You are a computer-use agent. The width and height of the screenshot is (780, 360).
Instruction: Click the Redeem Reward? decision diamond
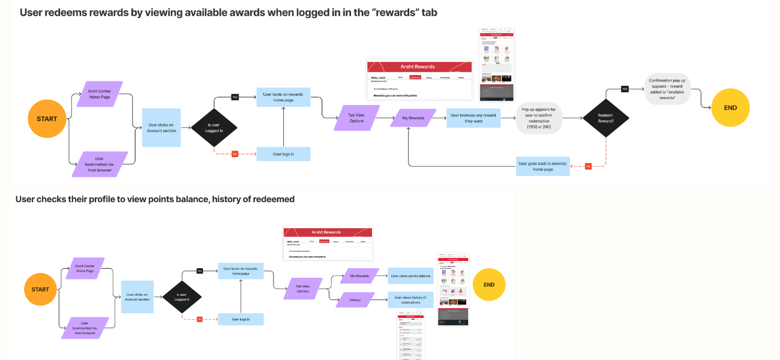click(605, 118)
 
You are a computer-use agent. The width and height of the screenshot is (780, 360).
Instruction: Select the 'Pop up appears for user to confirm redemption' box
click(539, 118)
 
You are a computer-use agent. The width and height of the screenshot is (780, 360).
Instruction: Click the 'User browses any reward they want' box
click(473, 118)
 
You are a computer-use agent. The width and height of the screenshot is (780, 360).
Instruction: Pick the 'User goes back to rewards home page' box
click(543, 166)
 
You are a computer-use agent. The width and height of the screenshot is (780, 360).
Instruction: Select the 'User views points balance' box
click(410, 276)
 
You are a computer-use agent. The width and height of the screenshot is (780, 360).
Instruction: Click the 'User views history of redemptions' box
click(410, 299)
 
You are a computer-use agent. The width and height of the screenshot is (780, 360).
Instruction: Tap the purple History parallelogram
click(355, 299)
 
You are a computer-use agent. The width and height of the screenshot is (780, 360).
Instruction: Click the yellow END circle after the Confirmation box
click(730, 108)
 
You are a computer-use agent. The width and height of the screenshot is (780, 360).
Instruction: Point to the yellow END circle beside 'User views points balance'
click(489, 284)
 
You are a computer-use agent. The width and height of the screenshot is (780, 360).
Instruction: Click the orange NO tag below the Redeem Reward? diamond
click(588, 166)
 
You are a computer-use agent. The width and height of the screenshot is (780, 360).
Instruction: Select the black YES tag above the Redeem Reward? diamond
click(625, 89)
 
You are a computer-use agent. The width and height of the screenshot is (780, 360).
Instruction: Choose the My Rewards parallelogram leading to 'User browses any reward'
click(413, 118)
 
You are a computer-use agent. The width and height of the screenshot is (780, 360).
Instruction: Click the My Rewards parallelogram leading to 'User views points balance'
click(359, 276)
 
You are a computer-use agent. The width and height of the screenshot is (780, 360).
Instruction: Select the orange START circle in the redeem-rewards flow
click(47, 119)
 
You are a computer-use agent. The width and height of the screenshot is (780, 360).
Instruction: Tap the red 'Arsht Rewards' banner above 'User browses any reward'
click(419, 67)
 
